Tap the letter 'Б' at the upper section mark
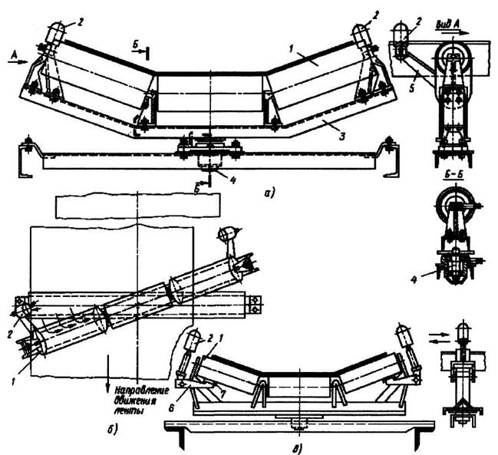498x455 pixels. point(135,46)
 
